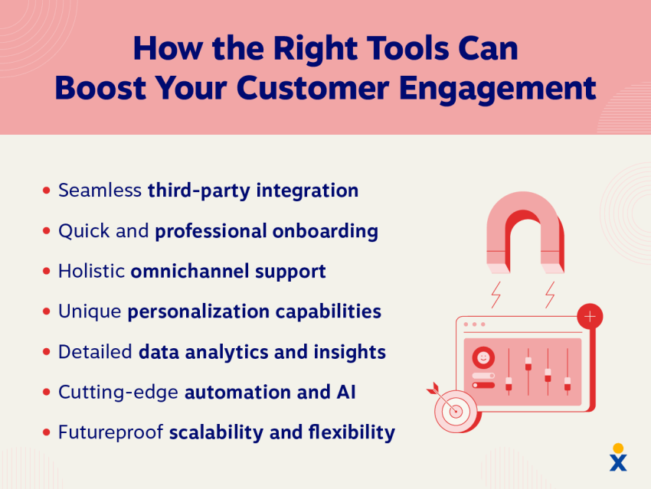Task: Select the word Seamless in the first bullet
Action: point(100,191)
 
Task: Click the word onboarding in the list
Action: point(325,231)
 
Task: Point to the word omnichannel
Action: point(190,271)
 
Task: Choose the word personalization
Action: point(198,312)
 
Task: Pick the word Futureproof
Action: point(110,432)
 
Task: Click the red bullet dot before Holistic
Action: point(47,271)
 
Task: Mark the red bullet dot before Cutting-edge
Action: point(47,392)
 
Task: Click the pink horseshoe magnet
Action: point(525,233)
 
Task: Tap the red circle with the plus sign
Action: point(590,317)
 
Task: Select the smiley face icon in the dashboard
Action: point(483,357)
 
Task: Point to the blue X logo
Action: point(618,462)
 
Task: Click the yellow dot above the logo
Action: point(618,448)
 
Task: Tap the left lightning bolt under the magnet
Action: point(496,295)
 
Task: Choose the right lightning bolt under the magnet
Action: point(550,295)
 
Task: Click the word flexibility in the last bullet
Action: point(352,432)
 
